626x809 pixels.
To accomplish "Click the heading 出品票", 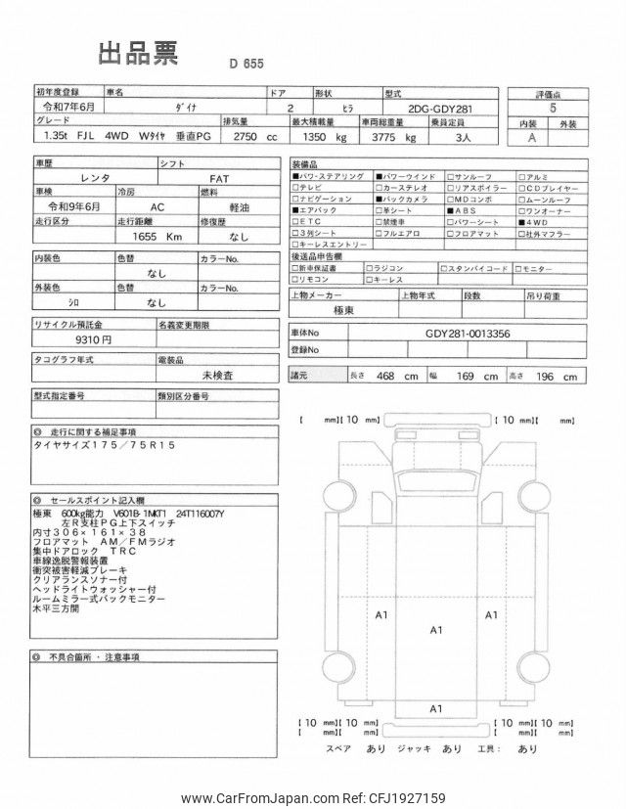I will point(139,54).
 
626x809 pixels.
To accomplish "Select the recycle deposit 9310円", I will point(92,338).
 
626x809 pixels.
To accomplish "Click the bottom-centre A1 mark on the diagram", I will point(437,707).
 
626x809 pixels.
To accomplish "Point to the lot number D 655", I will point(247,65).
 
